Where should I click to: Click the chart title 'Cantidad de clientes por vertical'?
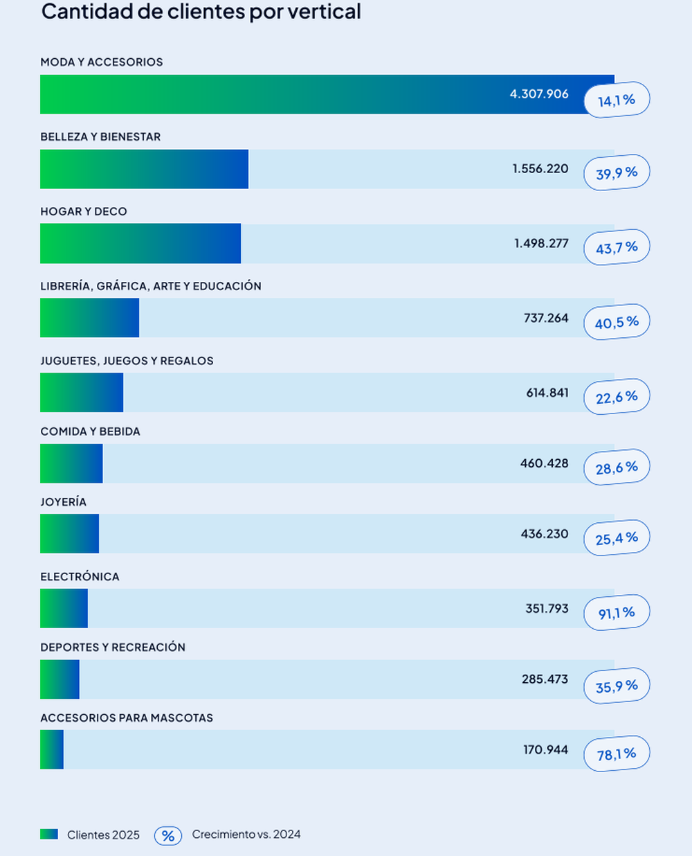coord(201,12)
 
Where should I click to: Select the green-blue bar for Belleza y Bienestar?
coord(144,169)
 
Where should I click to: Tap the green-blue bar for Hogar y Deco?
coord(140,244)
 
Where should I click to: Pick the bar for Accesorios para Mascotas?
coord(52,749)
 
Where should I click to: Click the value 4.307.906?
coord(539,93)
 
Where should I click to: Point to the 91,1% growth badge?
coord(617,613)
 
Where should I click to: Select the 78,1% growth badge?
coord(617,754)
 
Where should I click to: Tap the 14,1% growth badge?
coord(617,100)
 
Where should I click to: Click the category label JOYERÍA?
coord(63,502)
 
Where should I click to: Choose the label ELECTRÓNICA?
coord(80,577)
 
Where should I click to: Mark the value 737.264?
coord(546,318)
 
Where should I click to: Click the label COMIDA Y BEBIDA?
coord(90,431)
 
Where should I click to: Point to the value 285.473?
coord(545,679)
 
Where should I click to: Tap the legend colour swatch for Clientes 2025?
coord(49,835)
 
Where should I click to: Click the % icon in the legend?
coord(167,836)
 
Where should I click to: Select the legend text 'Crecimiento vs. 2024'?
coord(246,835)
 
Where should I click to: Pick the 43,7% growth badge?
coord(617,247)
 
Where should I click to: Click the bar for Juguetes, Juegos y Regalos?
coord(82,393)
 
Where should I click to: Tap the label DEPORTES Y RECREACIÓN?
coord(113,648)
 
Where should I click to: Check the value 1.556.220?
coord(540,169)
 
